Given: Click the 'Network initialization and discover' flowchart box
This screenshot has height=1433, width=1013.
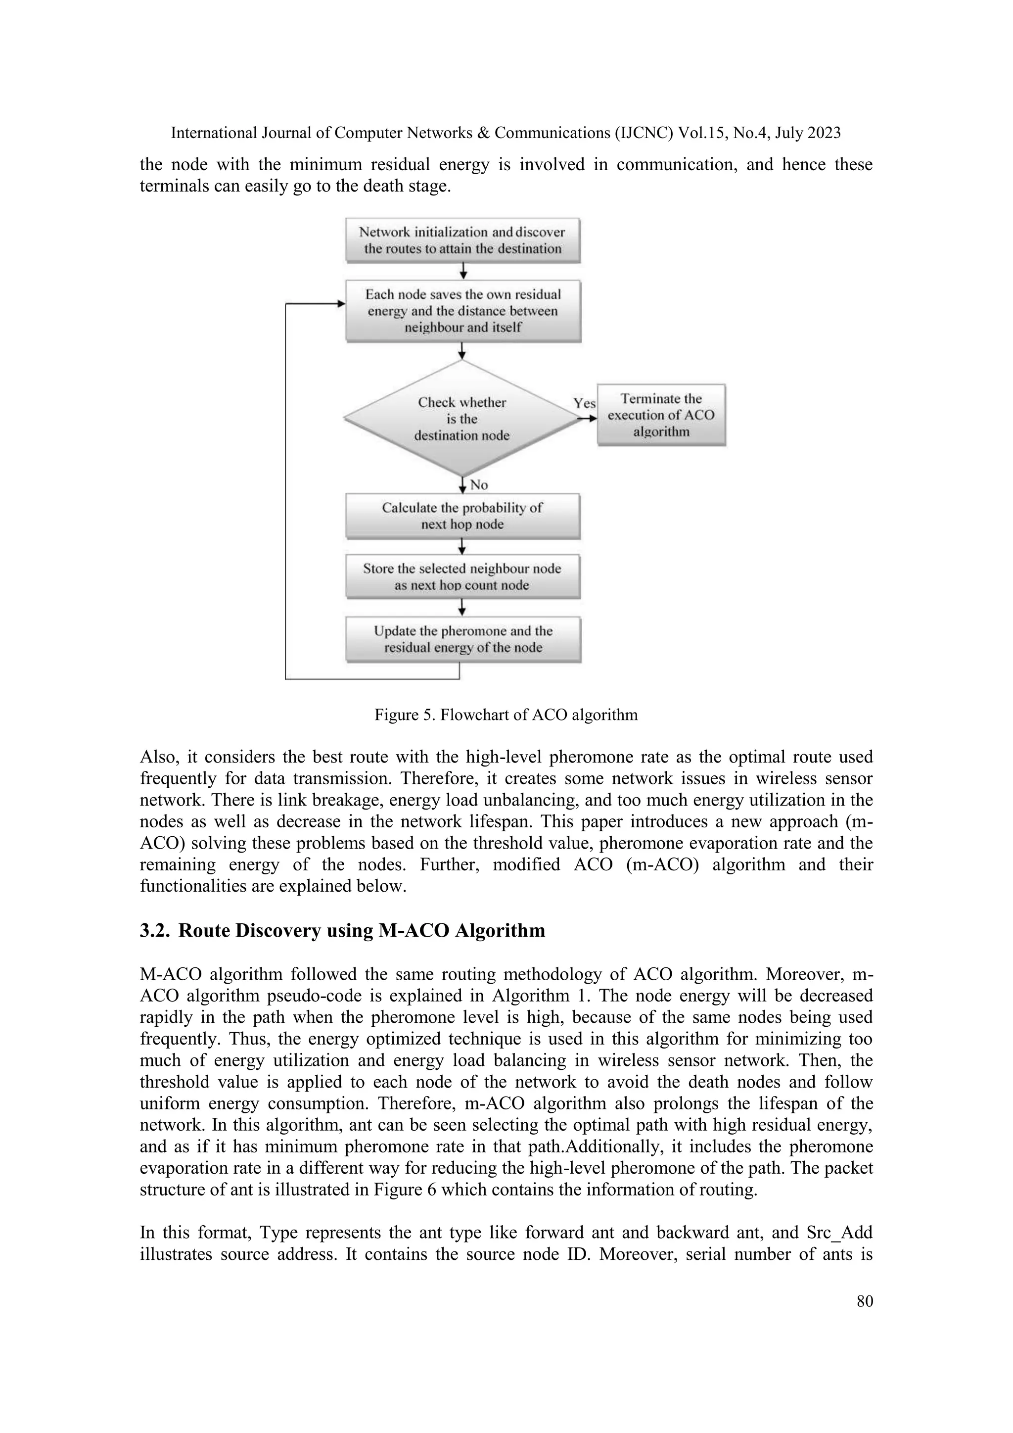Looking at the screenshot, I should pos(462,240).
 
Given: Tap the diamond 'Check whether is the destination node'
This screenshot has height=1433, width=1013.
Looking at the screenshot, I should pos(461,419).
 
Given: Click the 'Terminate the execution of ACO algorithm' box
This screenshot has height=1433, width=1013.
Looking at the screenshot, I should pos(661,415).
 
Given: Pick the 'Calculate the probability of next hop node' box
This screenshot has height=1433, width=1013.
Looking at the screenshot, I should pos(462,516).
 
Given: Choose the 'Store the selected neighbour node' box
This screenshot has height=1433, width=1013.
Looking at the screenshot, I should pos(462,576).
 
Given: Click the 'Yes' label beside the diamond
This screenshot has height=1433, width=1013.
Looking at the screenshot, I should pos(585,403).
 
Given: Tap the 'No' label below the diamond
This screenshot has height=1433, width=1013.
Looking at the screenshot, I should pos(478,485).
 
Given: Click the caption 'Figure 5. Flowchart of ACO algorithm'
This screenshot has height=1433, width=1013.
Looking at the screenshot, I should pos(506,715).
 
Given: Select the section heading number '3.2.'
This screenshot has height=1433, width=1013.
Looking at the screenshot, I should pos(153,931).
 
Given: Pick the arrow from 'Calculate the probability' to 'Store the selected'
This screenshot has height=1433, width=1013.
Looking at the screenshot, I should pos(462,547).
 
